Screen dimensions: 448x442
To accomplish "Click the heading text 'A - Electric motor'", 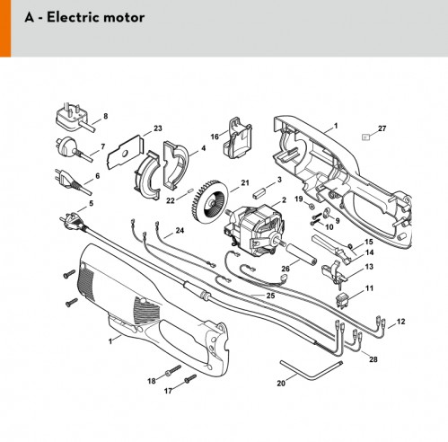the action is (84, 17).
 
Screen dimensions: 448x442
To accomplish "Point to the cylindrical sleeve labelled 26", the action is (302, 254).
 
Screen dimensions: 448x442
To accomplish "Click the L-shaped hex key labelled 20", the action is (312, 370).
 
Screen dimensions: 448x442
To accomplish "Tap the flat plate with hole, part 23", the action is (126, 152).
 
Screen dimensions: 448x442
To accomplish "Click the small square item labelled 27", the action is (365, 137).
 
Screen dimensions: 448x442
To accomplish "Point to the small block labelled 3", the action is (259, 192).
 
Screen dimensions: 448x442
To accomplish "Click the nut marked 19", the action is (311, 206).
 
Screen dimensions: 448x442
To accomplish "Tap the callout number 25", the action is (270, 296).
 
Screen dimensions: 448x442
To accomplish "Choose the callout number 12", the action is (400, 322).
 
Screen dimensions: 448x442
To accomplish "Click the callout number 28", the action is (373, 359).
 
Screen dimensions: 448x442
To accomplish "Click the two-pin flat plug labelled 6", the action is (73, 181).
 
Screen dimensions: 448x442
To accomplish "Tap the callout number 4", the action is (204, 148).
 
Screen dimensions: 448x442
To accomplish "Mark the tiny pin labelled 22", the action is (190, 190).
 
